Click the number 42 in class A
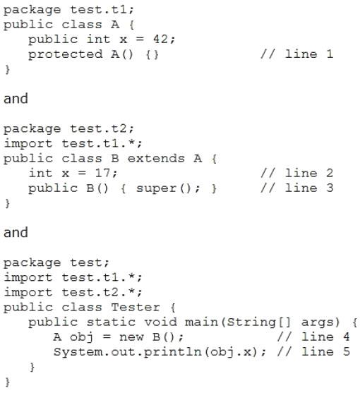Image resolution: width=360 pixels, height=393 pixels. [x=160, y=39]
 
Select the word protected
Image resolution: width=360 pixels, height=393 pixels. [x=66, y=54]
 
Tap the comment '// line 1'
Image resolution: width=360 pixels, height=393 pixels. [x=297, y=54]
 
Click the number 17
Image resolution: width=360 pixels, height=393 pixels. [x=102, y=173]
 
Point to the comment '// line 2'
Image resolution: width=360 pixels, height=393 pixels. [x=297, y=173]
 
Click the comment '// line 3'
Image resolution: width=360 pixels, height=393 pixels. [x=297, y=188]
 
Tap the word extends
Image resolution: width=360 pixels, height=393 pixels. [x=156, y=159]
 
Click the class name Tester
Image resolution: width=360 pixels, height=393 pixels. [x=136, y=308]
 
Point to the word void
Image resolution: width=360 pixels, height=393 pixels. [x=160, y=322]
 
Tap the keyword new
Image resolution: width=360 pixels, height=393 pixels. [x=131, y=337]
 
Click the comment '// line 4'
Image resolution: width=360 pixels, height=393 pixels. [x=313, y=337]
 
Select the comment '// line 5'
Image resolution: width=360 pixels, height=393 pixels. [x=313, y=351]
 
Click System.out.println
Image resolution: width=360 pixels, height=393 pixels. [x=127, y=352]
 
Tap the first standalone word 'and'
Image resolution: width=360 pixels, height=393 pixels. [x=16, y=99]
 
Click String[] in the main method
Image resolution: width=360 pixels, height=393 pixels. [x=258, y=322]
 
